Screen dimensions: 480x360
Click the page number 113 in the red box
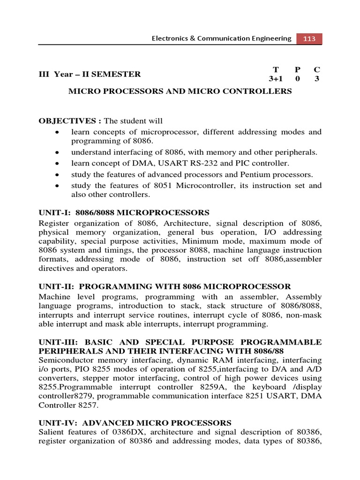(x=309, y=39)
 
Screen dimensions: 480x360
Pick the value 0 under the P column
(x=297, y=79)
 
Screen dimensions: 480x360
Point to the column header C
(x=316, y=69)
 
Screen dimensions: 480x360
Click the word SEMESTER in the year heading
(x=118, y=74)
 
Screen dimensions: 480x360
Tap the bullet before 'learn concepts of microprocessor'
(x=57, y=133)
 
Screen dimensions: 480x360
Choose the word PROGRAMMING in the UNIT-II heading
(x=113, y=286)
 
